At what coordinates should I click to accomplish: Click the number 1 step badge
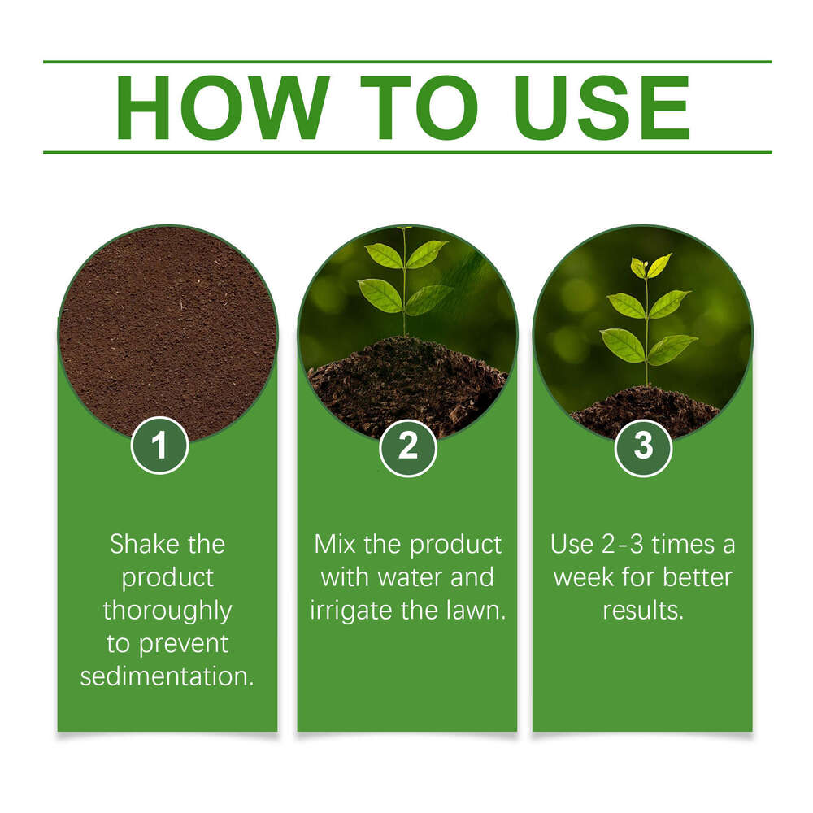160,446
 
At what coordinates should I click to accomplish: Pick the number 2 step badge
407,446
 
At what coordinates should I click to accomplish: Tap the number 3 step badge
643,446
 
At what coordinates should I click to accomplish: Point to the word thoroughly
167,611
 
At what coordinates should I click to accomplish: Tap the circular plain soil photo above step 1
167,325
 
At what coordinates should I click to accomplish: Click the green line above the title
406,62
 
